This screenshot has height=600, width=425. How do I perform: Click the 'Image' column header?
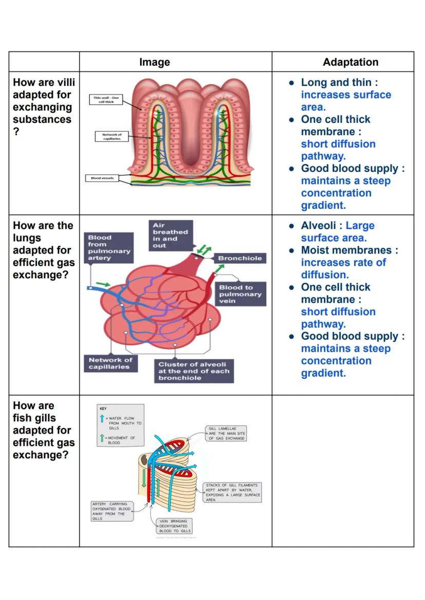pyautogui.click(x=154, y=62)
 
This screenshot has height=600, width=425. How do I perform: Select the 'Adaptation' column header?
pyautogui.click(x=351, y=62)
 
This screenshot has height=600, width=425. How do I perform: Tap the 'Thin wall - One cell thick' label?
pyautogui.click(x=106, y=100)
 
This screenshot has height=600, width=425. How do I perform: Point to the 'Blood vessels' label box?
pyautogui.click(x=102, y=178)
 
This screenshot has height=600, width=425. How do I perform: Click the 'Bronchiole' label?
pyautogui.click(x=240, y=258)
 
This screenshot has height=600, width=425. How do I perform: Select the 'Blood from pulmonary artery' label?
pyautogui.click(x=109, y=248)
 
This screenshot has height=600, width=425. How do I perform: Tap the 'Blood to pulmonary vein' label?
pyautogui.click(x=240, y=294)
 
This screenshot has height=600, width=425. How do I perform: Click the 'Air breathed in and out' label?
pyautogui.click(x=170, y=236)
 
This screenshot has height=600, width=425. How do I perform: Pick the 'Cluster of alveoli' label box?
pyautogui.click(x=194, y=371)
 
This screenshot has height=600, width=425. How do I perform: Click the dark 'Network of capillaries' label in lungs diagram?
pyautogui.click(x=110, y=363)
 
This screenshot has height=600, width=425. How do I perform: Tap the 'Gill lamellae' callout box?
pyautogui.click(x=226, y=433)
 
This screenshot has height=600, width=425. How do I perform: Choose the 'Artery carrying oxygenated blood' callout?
pyautogui.click(x=111, y=511)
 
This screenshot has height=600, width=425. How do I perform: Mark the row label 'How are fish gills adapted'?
pyautogui.click(x=44, y=430)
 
